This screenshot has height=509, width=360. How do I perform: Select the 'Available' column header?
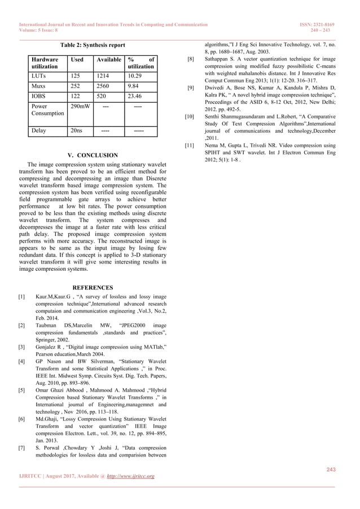click(109, 59)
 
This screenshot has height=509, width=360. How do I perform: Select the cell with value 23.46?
click(135, 96)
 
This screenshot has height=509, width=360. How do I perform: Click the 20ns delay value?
click(75, 131)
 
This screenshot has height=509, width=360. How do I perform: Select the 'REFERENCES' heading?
click(93, 288)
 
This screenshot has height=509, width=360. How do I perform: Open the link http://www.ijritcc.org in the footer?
click(129, 476)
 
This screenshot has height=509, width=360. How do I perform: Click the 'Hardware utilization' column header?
click(45, 62)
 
